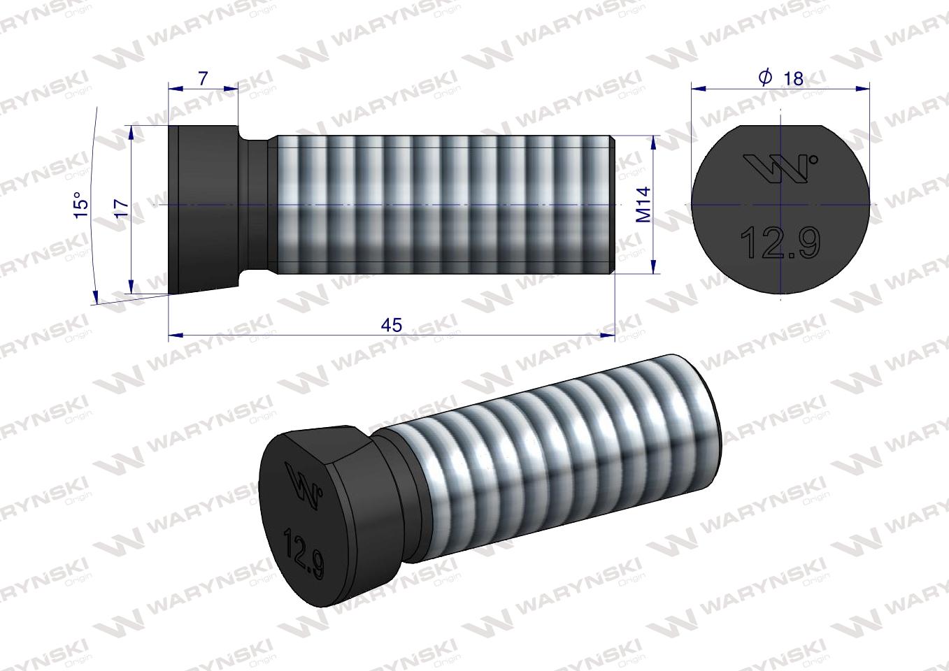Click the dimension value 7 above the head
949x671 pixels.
[203, 78]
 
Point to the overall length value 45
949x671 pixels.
[392, 325]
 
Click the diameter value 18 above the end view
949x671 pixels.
[793, 78]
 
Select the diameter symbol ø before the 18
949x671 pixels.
[765, 78]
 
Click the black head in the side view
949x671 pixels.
[206, 206]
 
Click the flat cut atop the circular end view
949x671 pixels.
[780, 126]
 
